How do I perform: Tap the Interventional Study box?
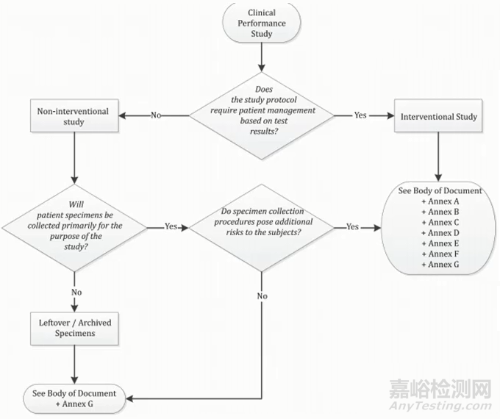click(x=440, y=116)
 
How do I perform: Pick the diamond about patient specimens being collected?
click(x=75, y=226)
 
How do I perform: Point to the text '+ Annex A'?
click(x=440, y=201)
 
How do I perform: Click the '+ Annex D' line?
click(x=440, y=232)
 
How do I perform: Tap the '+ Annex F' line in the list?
click(x=440, y=254)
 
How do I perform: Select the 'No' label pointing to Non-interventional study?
click(x=156, y=115)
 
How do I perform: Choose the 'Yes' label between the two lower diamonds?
click(x=171, y=227)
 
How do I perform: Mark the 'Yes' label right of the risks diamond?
click(x=352, y=227)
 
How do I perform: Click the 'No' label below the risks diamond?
click(x=262, y=296)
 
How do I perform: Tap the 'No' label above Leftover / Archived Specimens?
click(x=75, y=292)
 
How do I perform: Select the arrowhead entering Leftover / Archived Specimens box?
click(x=75, y=310)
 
